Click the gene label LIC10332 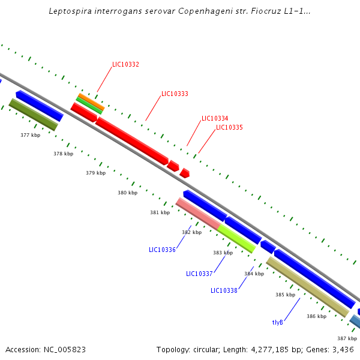[125, 64]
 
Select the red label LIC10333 [175, 94]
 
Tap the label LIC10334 [215, 118]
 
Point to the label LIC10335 [229, 127]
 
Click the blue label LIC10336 [162, 250]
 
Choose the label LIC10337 [199, 274]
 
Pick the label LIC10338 [224, 290]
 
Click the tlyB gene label [277, 322]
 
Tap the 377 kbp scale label [30, 135]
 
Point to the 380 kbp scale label [127, 193]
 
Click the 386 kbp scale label [316, 316]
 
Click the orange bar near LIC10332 [91, 101]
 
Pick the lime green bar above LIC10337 [236, 238]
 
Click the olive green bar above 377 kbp [33, 114]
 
